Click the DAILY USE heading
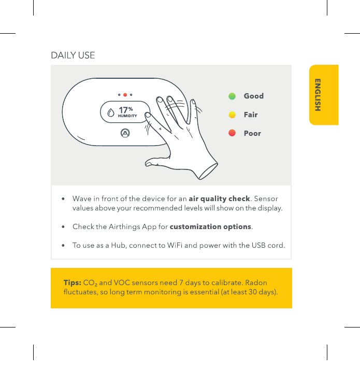(x=73, y=55)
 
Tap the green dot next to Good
(x=232, y=96)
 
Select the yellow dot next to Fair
(x=232, y=115)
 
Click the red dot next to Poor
(x=232, y=133)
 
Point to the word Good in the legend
(x=254, y=96)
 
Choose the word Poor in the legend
(x=252, y=133)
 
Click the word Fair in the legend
(x=251, y=115)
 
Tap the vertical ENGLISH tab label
(x=318, y=95)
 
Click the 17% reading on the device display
(x=125, y=110)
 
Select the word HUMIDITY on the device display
(x=127, y=116)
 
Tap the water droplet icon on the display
(x=111, y=112)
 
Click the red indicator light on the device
(x=125, y=95)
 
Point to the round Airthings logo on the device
(x=125, y=133)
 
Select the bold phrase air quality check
(x=219, y=198)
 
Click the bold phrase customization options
(x=210, y=227)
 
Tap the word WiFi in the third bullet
(x=175, y=246)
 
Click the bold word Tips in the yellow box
(x=73, y=283)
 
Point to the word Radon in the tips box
(x=256, y=283)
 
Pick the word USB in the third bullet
(x=258, y=246)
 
